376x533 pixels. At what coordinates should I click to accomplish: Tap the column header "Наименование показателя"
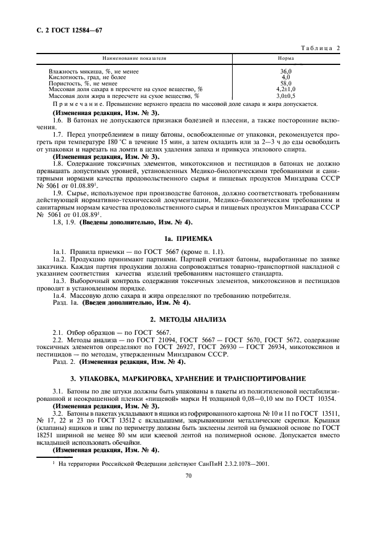click(x=134, y=59)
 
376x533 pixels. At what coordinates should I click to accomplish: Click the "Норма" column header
click(x=286, y=59)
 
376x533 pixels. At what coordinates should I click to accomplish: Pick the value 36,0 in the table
click(x=286, y=72)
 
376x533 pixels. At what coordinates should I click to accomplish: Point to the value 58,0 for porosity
click(x=286, y=83)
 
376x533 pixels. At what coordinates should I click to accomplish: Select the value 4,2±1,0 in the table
click(x=286, y=89)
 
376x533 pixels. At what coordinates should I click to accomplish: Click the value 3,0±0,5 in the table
click(x=286, y=96)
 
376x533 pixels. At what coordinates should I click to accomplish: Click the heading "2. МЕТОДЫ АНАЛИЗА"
click(x=188, y=319)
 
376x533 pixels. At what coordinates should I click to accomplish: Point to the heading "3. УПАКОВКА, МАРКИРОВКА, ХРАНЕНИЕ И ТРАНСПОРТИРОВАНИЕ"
click(x=188, y=378)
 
